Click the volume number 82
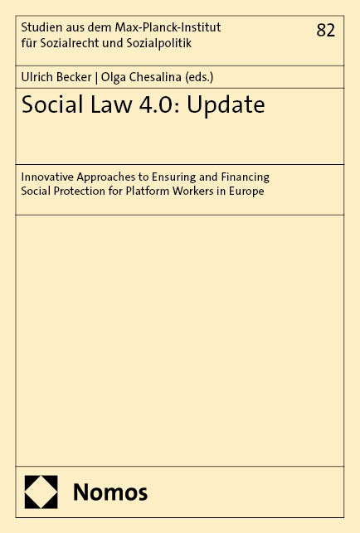tap(326, 31)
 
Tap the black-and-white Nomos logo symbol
tap(41, 492)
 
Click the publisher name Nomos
tap(110, 492)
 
